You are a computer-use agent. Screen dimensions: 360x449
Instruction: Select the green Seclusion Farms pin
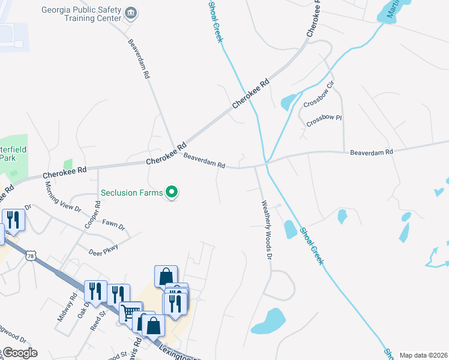click(172, 192)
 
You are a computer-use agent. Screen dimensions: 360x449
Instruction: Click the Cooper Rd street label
click(96, 215)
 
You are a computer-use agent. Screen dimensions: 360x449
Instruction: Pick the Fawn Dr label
click(113, 227)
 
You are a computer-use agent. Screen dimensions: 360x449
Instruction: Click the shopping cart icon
click(129, 312)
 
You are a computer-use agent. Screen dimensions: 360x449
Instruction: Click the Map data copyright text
click(424, 355)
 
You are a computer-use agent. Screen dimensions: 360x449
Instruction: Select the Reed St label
click(98, 313)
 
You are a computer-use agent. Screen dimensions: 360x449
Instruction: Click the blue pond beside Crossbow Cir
click(288, 102)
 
